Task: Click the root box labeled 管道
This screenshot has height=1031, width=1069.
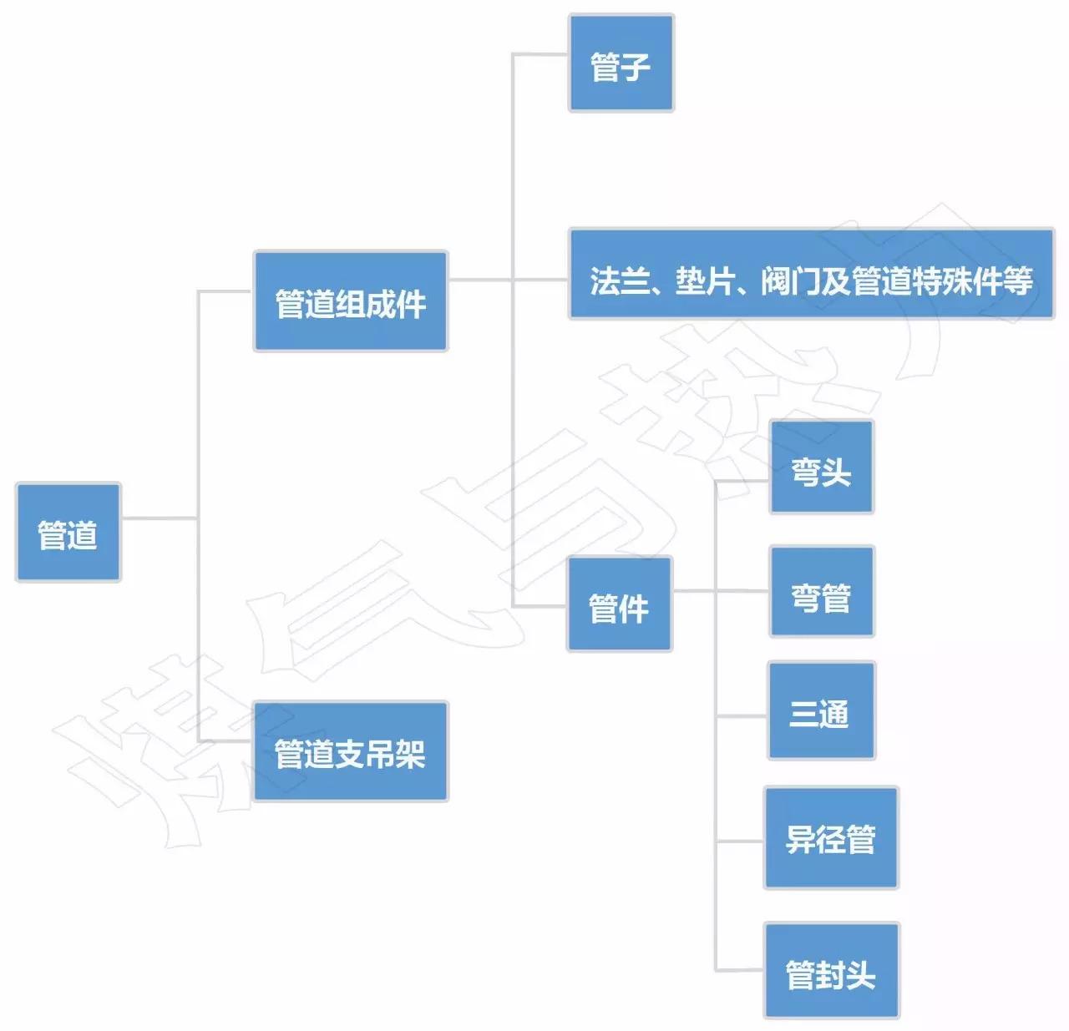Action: click(x=68, y=533)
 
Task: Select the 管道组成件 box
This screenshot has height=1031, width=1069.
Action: click(x=350, y=301)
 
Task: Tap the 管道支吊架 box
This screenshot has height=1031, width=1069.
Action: click(x=350, y=751)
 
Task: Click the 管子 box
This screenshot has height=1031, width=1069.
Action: click(x=621, y=63)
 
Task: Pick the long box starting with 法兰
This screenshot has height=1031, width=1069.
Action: click(x=810, y=274)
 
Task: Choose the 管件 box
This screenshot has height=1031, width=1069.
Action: click(x=619, y=604)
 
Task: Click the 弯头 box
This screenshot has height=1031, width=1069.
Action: click(x=821, y=467)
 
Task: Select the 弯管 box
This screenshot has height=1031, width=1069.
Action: click(x=821, y=593)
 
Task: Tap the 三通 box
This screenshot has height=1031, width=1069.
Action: click(x=821, y=711)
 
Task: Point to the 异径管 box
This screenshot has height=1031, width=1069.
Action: click(x=830, y=838)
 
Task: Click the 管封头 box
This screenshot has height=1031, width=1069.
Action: click(x=831, y=971)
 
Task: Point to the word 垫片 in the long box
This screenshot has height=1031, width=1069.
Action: click(x=704, y=281)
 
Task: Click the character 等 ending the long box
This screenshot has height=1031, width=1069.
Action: click(x=1018, y=281)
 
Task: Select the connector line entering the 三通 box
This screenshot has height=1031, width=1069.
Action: click(x=742, y=716)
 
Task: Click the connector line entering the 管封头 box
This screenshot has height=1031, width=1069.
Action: click(x=739, y=970)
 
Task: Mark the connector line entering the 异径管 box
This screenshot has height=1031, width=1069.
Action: click(x=740, y=841)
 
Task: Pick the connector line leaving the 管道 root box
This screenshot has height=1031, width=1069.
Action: click(x=159, y=518)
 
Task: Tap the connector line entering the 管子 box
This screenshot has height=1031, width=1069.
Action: click(x=540, y=54)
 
